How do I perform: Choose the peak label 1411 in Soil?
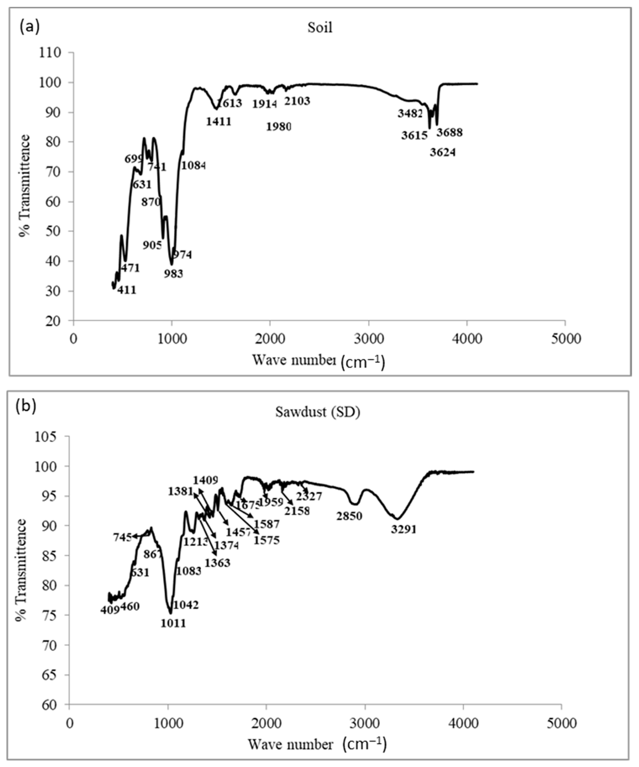(x=219, y=121)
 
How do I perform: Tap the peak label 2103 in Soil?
(x=297, y=101)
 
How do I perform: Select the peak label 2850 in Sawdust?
(x=349, y=516)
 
